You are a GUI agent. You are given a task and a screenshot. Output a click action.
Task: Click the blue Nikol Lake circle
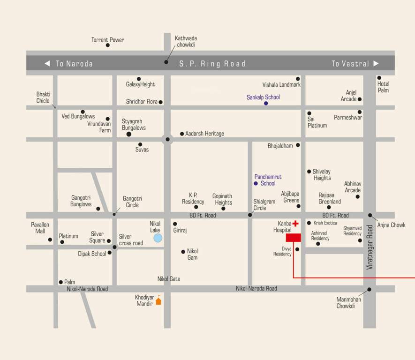(158, 238)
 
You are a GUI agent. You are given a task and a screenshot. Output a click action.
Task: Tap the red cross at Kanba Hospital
(295, 224)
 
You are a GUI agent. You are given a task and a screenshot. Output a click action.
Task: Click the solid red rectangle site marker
(293, 238)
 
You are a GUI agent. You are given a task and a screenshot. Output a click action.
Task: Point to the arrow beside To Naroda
(47, 63)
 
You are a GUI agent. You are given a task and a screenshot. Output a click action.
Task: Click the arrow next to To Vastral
(376, 63)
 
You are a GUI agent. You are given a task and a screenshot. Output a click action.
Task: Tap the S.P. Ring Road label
(212, 64)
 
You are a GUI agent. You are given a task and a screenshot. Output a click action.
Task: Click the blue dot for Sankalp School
(266, 103)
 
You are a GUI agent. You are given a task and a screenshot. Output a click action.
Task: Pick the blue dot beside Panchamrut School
(256, 183)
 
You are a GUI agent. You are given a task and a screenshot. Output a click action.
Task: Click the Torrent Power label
(107, 40)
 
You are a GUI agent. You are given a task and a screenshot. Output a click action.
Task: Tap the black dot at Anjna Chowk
(370, 216)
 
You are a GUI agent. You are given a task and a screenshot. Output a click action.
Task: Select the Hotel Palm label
(383, 87)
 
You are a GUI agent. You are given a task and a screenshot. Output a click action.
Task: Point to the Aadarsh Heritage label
(204, 134)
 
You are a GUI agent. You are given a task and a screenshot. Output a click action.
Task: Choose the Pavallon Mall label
(40, 228)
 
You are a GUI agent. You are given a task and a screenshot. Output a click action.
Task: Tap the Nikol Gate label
(168, 279)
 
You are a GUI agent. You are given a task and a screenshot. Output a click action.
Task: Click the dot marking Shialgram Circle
(250, 215)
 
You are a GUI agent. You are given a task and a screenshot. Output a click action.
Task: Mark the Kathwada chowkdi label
(186, 41)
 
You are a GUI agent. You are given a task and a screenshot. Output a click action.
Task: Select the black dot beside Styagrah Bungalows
(129, 134)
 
